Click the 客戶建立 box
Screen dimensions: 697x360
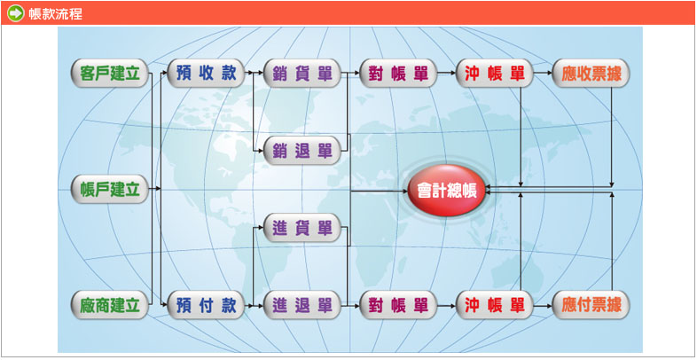click(x=109, y=73)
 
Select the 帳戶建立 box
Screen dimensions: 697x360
click(x=109, y=190)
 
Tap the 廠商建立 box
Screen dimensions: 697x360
click(x=109, y=305)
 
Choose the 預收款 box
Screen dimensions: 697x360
click(x=207, y=73)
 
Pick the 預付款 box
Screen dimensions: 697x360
click(x=207, y=305)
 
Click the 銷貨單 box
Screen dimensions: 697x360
click(x=302, y=73)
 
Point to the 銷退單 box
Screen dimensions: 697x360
click(x=302, y=151)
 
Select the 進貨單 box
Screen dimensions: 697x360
click(x=302, y=228)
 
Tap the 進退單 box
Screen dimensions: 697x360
click(x=302, y=305)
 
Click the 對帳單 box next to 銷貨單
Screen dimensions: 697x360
click(x=398, y=73)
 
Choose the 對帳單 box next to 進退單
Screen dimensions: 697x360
click(x=398, y=305)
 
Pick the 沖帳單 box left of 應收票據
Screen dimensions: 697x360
click(x=494, y=73)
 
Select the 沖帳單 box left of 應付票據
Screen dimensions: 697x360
click(x=494, y=305)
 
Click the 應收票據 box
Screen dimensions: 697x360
click(x=591, y=73)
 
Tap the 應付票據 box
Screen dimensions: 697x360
click(x=591, y=305)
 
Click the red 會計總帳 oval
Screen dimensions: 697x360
click(x=447, y=191)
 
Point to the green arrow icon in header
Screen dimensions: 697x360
click(x=16, y=13)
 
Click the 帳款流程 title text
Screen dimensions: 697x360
click(x=56, y=13)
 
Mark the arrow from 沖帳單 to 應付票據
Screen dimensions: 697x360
click(x=543, y=305)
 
